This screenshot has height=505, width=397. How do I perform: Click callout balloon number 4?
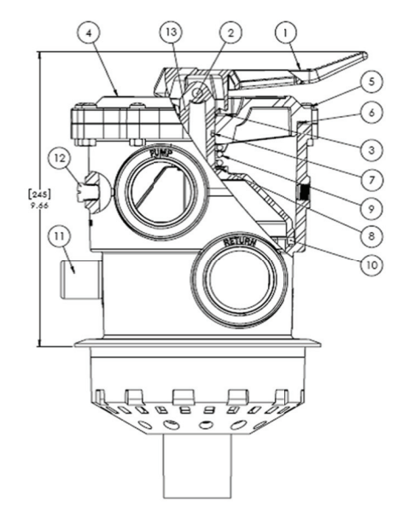[89, 33]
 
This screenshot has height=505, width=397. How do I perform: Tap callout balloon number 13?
[172, 32]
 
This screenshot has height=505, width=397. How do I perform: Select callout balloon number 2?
[231, 32]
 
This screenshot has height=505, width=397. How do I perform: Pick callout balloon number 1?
[286, 32]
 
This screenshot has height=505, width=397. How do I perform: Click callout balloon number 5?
[371, 82]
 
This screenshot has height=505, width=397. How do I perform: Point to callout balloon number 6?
[371, 113]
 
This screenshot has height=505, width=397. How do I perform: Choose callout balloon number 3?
[371, 149]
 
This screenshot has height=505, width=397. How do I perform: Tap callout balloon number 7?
[371, 179]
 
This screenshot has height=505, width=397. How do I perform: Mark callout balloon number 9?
[371, 209]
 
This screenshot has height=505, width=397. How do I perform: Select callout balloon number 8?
[371, 236]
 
